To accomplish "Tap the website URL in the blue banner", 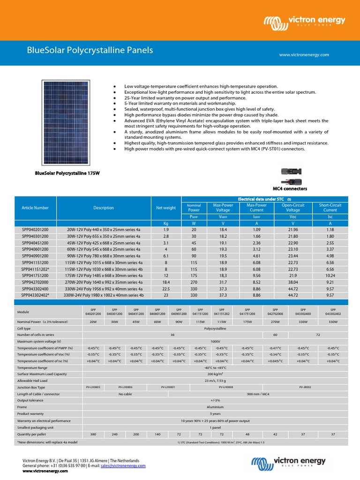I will tap(304, 55).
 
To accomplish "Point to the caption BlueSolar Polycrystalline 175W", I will tap(67, 173).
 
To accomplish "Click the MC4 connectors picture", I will tap(293, 175).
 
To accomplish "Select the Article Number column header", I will tap(35, 208).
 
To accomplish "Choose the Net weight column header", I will tap(166, 208).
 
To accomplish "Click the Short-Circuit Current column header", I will tap(330, 208).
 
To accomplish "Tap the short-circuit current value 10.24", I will tap(330, 277).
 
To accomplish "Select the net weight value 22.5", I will tap(166, 290).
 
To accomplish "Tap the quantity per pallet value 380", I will tap(93, 435).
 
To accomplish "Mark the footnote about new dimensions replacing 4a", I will tap(47, 442).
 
